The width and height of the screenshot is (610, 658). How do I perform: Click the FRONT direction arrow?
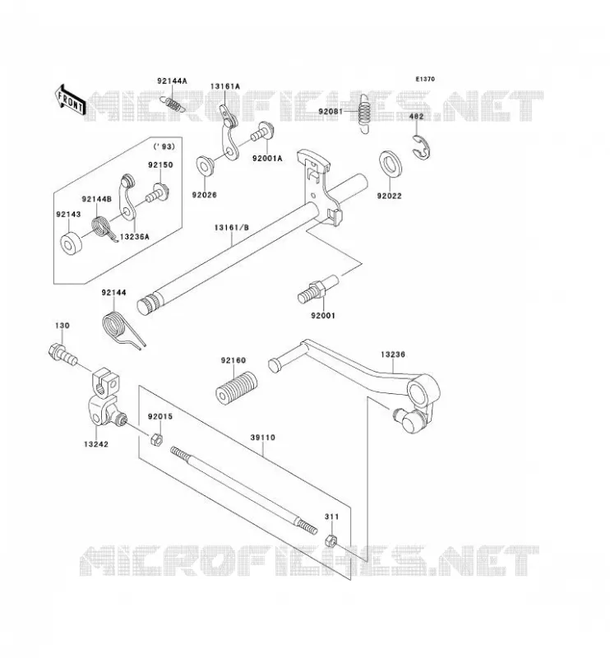(x=70, y=100)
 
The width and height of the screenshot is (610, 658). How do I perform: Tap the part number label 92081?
(x=330, y=111)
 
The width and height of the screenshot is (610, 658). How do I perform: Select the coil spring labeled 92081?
(x=365, y=113)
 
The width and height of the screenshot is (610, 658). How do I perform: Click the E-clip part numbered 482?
(x=422, y=146)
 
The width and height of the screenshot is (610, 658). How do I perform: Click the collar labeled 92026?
(x=206, y=165)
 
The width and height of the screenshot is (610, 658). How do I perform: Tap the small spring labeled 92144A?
(x=172, y=104)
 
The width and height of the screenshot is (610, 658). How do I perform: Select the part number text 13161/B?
(x=232, y=228)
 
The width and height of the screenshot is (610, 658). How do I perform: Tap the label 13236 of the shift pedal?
(x=393, y=354)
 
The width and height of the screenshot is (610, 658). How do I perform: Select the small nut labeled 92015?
(x=156, y=440)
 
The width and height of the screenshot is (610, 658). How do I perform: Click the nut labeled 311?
(x=331, y=540)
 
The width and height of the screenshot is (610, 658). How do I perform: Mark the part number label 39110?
(x=262, y=438)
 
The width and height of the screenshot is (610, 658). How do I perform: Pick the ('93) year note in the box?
(x=164, y=146)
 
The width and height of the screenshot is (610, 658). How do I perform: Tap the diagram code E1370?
(x=425, y=79)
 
